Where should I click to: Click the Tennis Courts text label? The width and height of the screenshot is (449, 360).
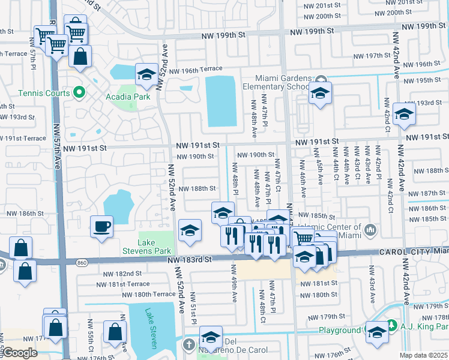click(x=44, y=93)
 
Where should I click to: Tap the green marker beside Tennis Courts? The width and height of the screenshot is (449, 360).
click(x=78, y=92)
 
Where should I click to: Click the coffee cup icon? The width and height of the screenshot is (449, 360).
click(x=101, y=227)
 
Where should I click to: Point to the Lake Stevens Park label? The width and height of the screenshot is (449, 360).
click(x=147, y=246)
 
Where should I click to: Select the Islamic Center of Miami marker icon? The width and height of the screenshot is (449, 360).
click(x=370, y=229)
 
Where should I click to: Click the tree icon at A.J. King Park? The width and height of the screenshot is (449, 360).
click(x=391, y=325)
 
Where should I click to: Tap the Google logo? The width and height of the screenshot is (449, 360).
click(x=20, y=353)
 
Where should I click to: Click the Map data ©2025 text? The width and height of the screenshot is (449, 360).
click(x=424, y=355)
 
